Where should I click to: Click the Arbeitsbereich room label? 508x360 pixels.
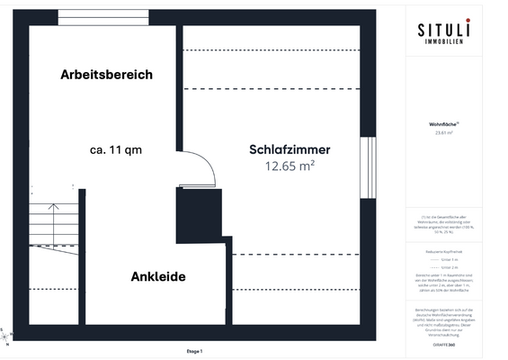pyautogui.click(x=106, y=75)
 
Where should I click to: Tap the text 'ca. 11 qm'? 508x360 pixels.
pyautogui.click(x=116, y=150)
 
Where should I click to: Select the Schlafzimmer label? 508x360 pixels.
pyautogui.click(x=290, y=149)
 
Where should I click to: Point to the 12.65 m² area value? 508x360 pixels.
pyautogui.click(x=290, y=166)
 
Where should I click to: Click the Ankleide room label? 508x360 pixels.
pyautogui.click(x=158, y=276)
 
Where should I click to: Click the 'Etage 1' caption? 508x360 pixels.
pyautogui.click(x=194, y=352)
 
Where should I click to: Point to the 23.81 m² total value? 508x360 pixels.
pyautogui.click(x=443, y=133)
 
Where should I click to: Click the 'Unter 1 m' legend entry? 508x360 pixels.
pyautogui.click(x=450, y=259)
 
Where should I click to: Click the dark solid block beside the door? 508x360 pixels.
pyautogui.click(x=199, y=216)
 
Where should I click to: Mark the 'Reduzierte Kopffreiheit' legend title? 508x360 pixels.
pyautogui.click(x=444, y=251)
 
